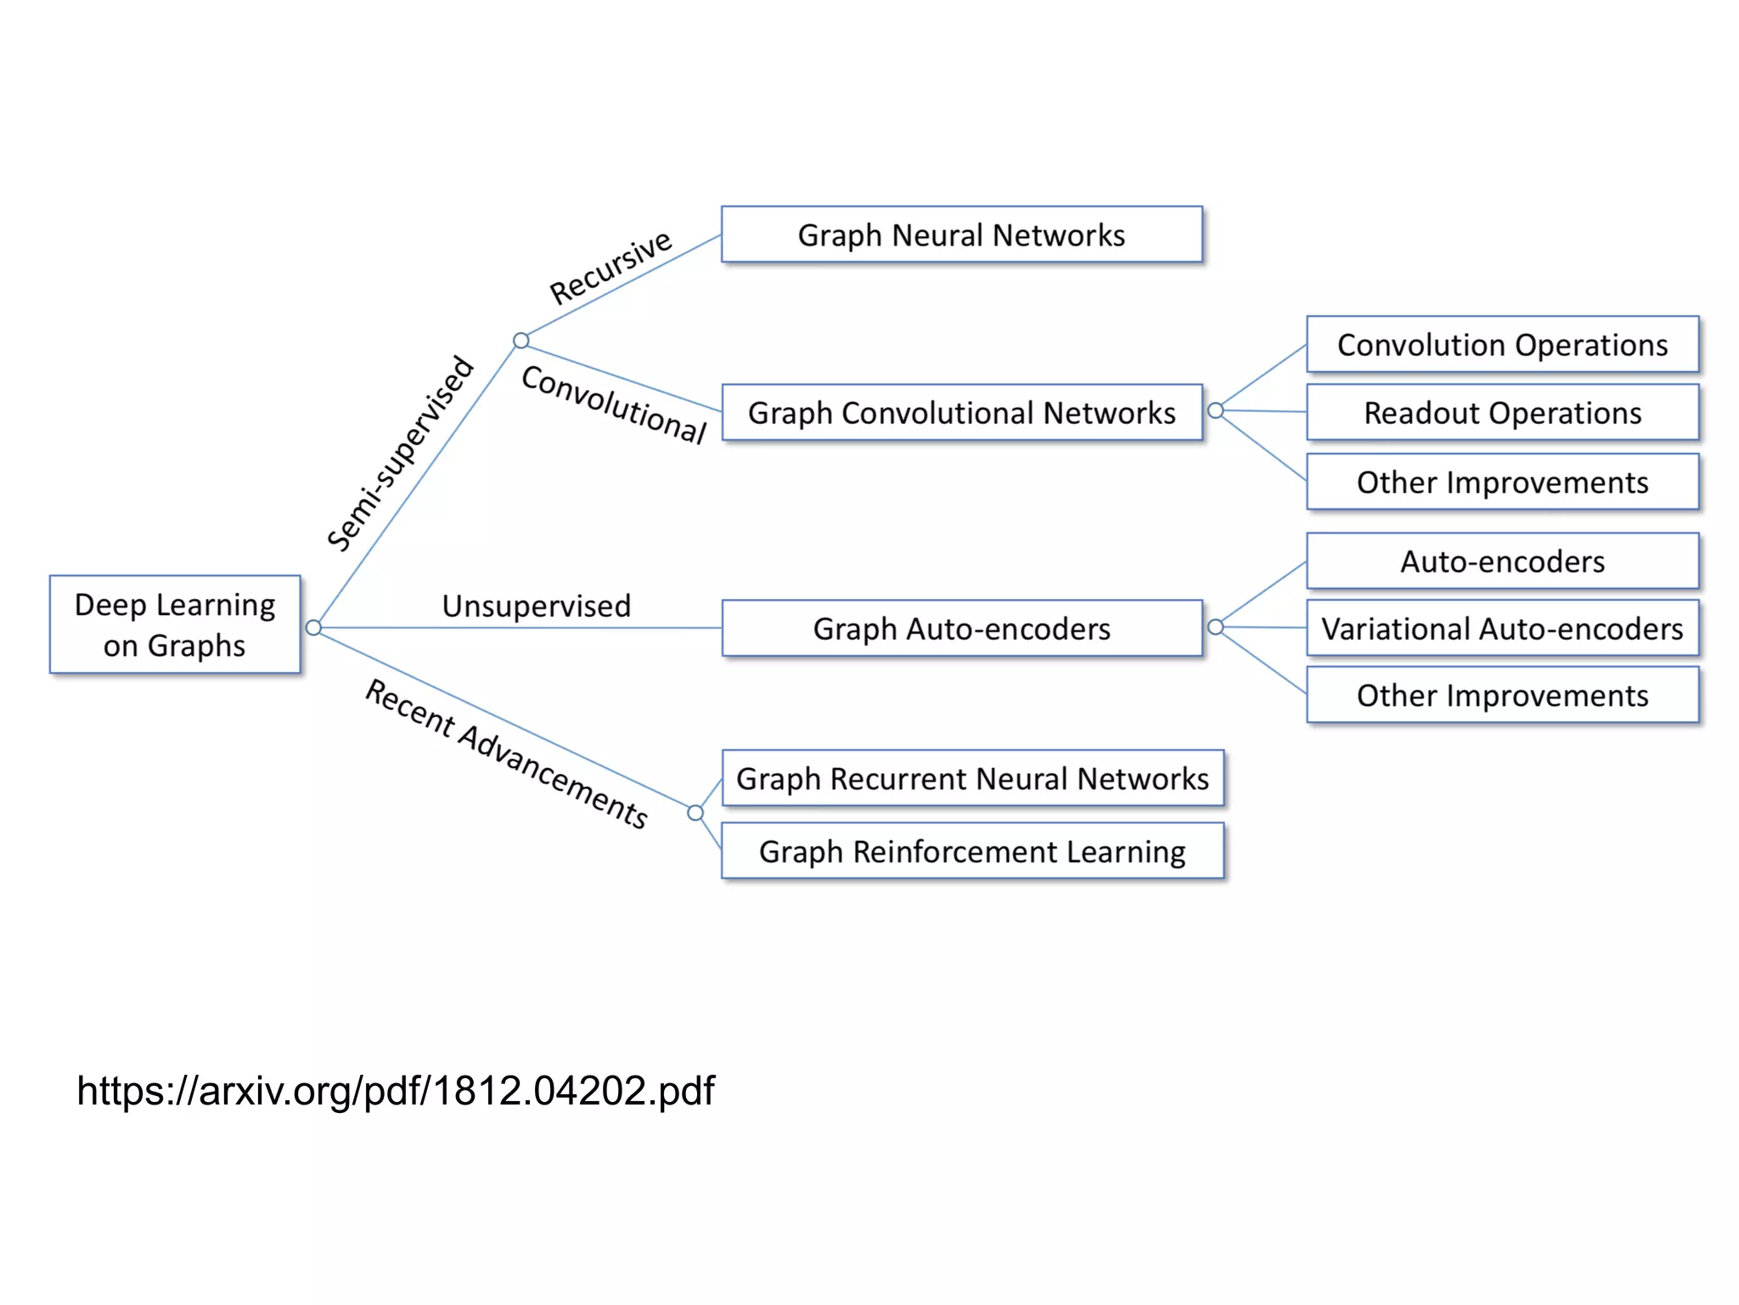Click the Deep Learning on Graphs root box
[175, 624]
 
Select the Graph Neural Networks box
[961, 234]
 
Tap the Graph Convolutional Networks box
[961, 413]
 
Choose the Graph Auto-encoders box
[961, 629]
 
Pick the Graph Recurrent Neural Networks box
[972, 778]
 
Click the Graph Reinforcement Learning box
[972, 851]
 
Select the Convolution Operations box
[1502, 345]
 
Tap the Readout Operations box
[1502, 413]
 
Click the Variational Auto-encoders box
[1502, 629]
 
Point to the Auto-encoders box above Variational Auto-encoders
[1502, 562]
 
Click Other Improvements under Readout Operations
[1502, 483]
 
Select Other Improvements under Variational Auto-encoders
[1502, 696]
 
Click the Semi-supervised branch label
[400, 454]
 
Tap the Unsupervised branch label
[536, 606]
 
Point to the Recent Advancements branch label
[507, 754]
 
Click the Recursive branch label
[611, 267]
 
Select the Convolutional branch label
[614, 404]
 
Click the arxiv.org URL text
[396, 1091]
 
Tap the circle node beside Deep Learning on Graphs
[313, 628]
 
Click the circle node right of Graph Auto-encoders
[1215, 627]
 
